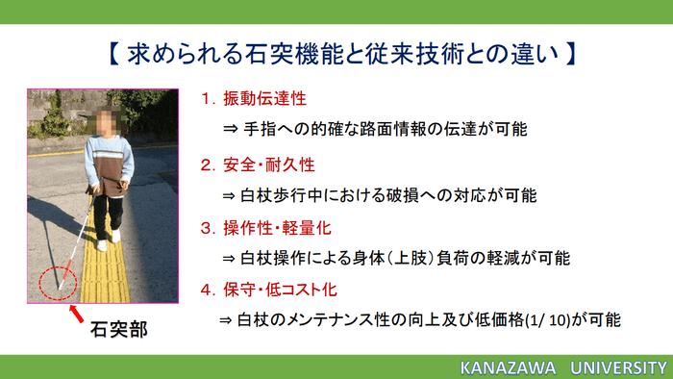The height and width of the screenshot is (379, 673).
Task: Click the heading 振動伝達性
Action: [267, 99]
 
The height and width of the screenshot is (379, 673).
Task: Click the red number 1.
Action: [207, 99]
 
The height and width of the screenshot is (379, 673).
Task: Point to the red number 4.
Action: [207, 289]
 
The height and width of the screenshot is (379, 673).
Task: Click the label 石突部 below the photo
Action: [118, 330]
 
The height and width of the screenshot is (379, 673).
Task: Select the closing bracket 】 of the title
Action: [569, 52]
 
